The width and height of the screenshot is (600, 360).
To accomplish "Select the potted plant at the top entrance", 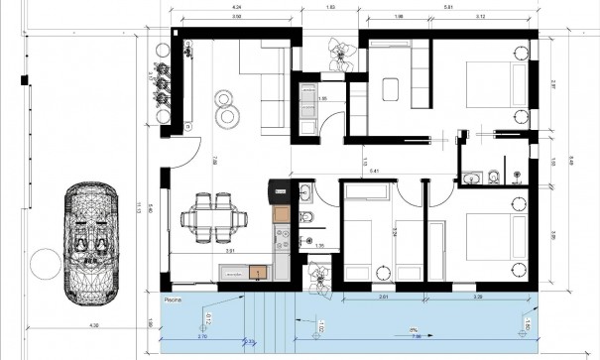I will pos(340,52).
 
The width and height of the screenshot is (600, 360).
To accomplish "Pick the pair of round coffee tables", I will pos(227,106).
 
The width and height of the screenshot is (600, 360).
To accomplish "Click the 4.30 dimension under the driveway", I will pos(94,326).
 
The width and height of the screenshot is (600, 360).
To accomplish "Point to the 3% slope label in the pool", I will pos(411,329).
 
